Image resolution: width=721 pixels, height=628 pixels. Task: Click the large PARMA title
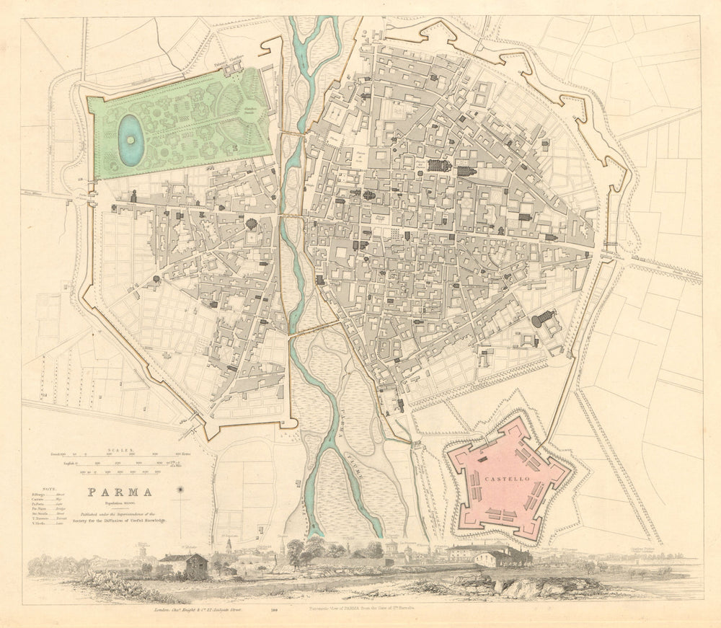click(x=120, y=493)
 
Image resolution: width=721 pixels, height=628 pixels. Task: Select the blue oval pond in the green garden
click(x=131, y=141)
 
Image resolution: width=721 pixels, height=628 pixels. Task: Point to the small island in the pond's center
click(x=131, y=139)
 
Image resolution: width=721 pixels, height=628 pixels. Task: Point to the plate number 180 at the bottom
click(x=274, y=609)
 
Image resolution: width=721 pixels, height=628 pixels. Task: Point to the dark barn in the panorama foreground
click(x=186, y=565)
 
